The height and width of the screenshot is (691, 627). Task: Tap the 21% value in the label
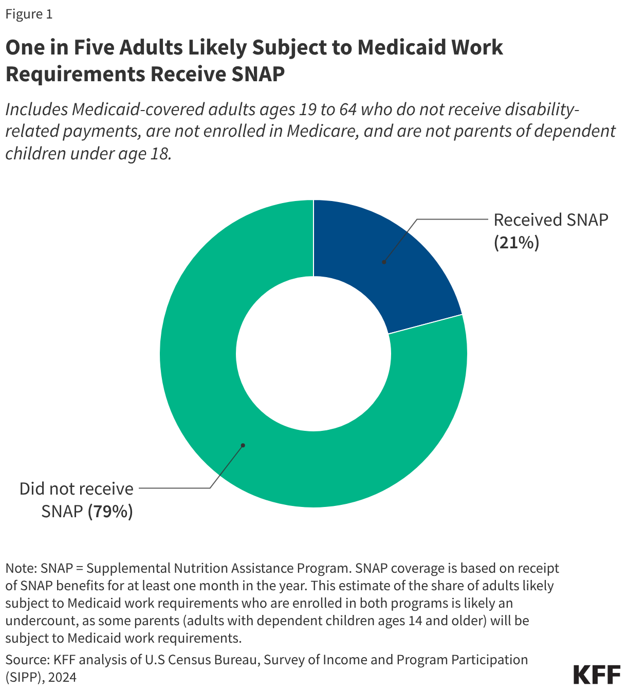[x=517, y=242]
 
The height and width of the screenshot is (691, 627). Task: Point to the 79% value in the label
[x=110, y=512]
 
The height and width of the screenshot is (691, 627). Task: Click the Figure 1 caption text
[x=29, y=14]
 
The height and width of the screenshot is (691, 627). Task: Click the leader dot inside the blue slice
[x=384, y=262]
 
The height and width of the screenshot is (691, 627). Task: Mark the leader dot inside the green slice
[x=243, y=445]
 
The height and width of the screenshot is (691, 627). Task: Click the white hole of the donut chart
[x=314, y=354]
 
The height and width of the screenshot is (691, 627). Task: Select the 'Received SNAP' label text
[x=550, y=220]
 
